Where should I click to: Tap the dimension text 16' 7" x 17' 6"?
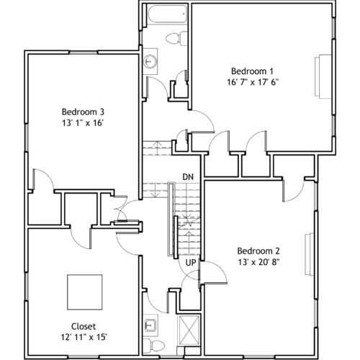click(x=253, y=82)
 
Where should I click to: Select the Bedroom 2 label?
click(x=258, y=251)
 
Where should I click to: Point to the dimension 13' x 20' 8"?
click(x=259, y=262)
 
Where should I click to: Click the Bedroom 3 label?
click(x=83, y=112)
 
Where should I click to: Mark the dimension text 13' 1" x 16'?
click(x=83, y=123)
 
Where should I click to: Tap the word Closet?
click(x=84, y=326)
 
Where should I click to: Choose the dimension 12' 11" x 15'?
click(x=84, y=337)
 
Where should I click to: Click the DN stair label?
click(x=188, y=177)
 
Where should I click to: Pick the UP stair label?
click(x=191, y=263)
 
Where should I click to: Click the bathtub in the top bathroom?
click(x=167, y=14)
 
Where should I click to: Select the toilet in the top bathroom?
click(x=176, y=38)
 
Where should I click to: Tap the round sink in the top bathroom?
click(x=150, y=61)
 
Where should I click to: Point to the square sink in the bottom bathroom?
click(x=150, y=325)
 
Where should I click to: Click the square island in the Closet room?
click(x=85, y=292)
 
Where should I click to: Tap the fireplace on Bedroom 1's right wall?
click(x=323, y=76)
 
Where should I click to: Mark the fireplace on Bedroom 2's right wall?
click(x=310, y=254)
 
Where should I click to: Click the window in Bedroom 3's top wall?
click(x=84, y=52)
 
